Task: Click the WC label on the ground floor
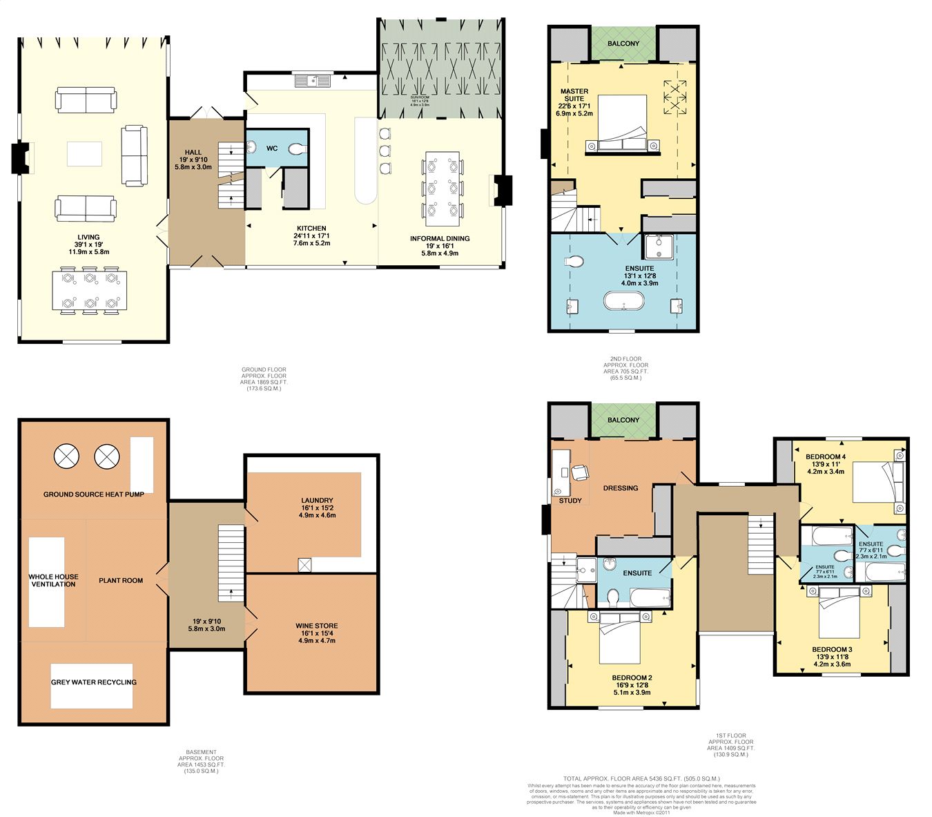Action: click(272, 148)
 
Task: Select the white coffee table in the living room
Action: click(84, 153)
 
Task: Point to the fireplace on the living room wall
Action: click(21, 158)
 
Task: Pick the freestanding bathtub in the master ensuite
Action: click(624, 302)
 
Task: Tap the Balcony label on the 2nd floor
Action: click(623, 44)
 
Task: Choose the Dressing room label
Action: click(620, 488)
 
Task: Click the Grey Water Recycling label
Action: click(93, 682)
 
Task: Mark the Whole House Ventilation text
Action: click(53, 580)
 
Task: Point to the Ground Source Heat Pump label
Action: click(94, 494)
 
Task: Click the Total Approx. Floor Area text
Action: click(641, 778)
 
